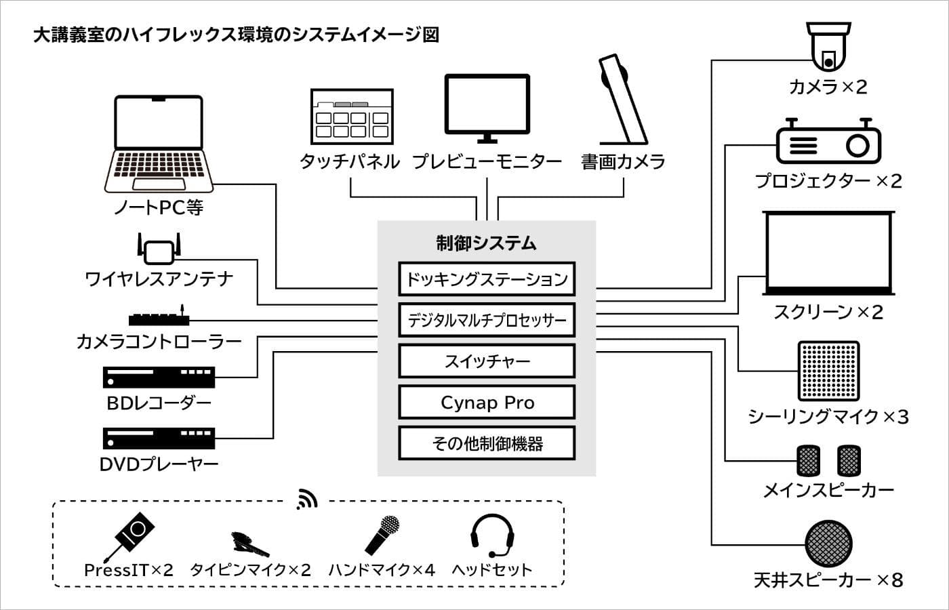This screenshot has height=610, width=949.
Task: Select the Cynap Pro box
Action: pyautogui.click(x=487, y=403)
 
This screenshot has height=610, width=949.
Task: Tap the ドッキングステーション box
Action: pyautogui.click(x=487, y=279)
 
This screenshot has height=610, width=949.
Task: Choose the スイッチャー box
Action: pyautogui.click(x=487, y=361)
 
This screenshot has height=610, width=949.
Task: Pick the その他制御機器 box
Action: pyautogui.click(x=487, y=444)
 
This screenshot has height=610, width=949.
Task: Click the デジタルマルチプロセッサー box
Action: pyautogui.click(x=487, y=321)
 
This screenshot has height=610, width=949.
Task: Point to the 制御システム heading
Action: pyautogui.click(x=486, y=243)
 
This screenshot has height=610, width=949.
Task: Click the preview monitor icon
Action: pyautogui.click(x=487, y=108)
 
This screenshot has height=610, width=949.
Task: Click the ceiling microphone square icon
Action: pyautogui.click(x=828, y=371)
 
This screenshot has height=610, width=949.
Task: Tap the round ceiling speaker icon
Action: pyautogui.click(x=828, y=544)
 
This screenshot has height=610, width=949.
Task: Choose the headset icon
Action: pyautogui.click(x=493, y=536)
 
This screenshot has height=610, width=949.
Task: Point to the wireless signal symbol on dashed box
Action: pyautogui.click(x=307, y=500)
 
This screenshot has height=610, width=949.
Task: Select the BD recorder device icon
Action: pyautogui.click(x=159, y=377)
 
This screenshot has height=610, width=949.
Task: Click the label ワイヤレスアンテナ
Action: pyautogui.click(x=159, y=279)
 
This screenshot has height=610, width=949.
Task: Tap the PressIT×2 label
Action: pyautogui.click(x=128, y=570)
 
